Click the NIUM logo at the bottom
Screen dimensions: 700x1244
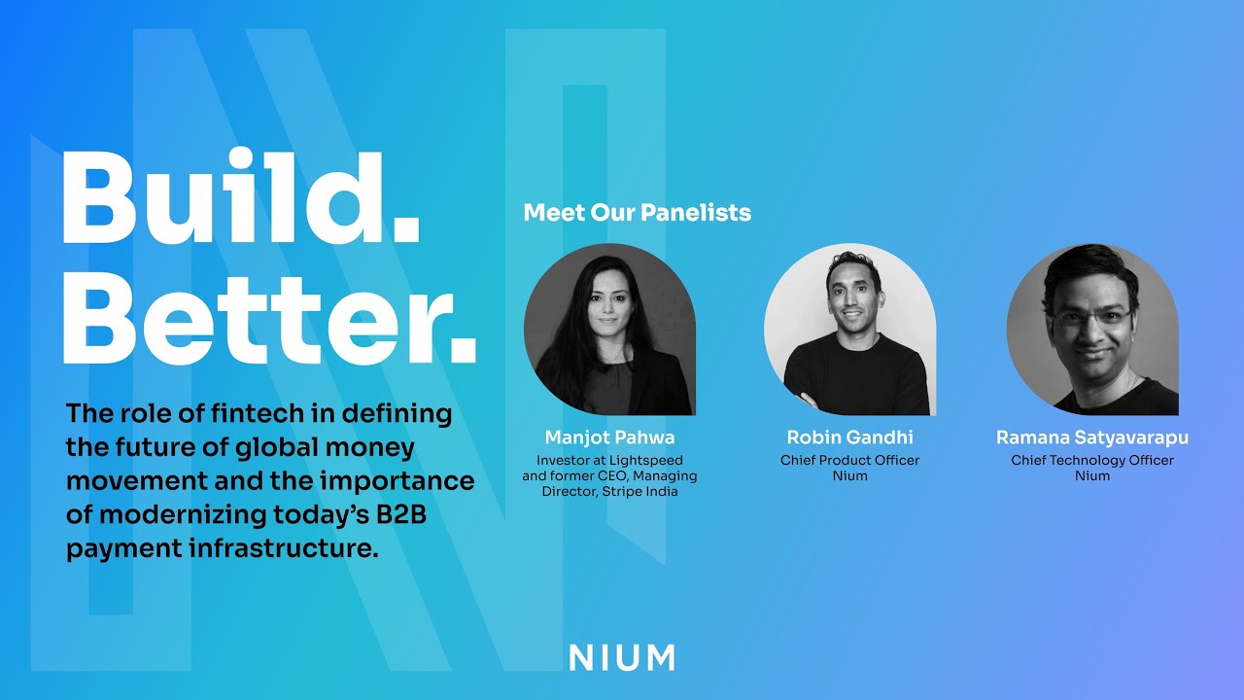622,657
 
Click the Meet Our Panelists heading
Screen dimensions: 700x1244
637,212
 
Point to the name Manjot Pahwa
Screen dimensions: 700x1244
609,437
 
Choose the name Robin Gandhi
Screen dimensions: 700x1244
849,437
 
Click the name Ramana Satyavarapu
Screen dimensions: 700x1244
1091,437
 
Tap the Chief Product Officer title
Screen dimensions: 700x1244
849,460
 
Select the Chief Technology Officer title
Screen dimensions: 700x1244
1091,460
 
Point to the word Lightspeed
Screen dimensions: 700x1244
649,460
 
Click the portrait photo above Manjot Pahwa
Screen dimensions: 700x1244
609,330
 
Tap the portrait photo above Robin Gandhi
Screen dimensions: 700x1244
849,330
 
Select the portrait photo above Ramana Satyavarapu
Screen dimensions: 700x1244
1091,330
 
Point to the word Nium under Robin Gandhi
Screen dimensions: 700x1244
849,475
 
